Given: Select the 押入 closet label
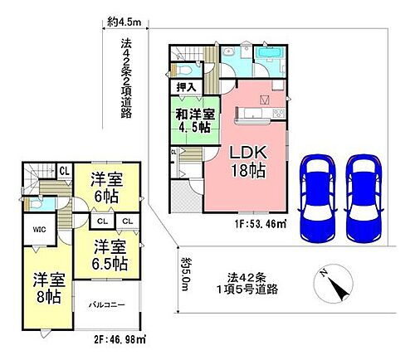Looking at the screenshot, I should tap(187, 85).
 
